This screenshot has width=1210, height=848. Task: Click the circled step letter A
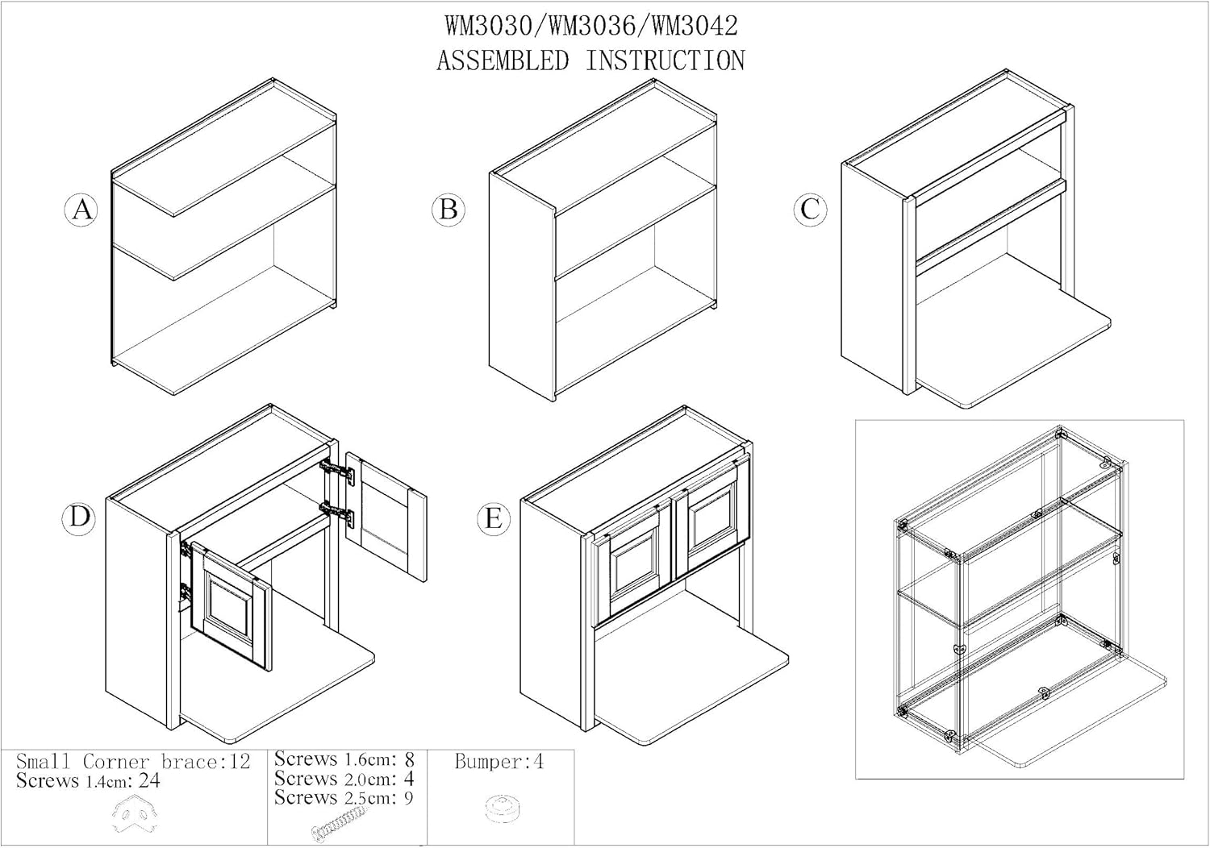click(81, 210)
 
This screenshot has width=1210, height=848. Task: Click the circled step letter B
click(449, 210)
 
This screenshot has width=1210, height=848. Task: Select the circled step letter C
click(810, 210)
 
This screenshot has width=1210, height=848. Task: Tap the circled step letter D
click(79, 518)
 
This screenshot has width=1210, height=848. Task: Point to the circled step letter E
click(493, 518)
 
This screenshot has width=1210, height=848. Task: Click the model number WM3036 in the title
click(591, 27)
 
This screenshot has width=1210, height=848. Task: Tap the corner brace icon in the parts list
click(134, 814)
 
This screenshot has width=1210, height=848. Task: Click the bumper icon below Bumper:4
click(503, 809)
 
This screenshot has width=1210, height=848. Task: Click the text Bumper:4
click(499, 763)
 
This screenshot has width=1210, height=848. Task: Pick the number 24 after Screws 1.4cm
click(149, 781)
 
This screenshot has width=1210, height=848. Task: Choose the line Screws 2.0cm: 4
click(344, 779)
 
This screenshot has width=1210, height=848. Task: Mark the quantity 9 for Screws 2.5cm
click(409, 798)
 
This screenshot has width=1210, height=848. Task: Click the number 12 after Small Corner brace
click(240, 762)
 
